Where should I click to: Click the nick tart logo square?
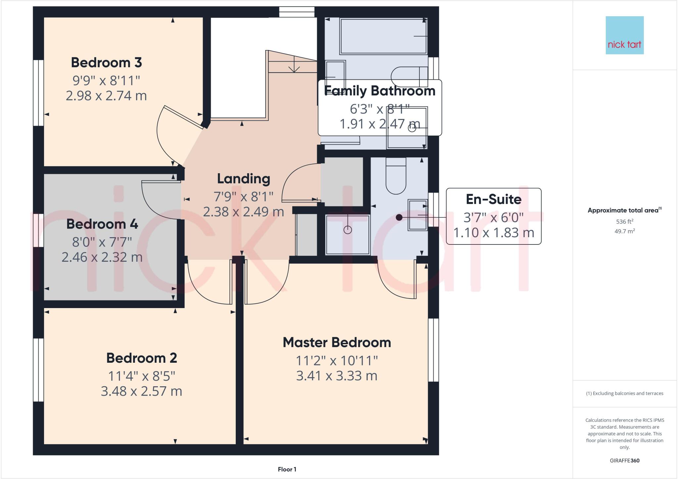pyautogui.click(x=624, y=35)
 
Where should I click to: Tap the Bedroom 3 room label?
pyautogui.click(x=106, y=63)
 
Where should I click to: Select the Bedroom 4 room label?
pyautogui.click(x=102, y=224)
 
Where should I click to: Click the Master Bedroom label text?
pyautogui.click(x=337, y=343)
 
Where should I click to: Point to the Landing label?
pyautogui.click(x=244, y=179)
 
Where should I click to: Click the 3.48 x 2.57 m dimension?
pyautogui.click(x=141, y=391)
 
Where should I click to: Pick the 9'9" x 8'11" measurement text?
pyautogui.click(x=106, y=80)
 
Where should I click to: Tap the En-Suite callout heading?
pyautogui.click(x=493, y=199)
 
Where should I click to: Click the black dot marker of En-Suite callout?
pyautogui.click(x=399, y=217)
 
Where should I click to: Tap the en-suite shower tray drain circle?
pyautogui.click(x=347, y=230)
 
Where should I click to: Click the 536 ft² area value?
pyautogui.click(x=624, y=221)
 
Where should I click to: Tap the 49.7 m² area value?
pyautogui.click(x=624, y=231)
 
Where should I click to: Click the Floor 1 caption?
pyautogui.click(x=287, y=469)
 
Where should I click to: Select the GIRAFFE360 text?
pyautogui.click(x=624, y=461)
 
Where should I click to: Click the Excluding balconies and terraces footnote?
pyautogui.click(x=624, y=394)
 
